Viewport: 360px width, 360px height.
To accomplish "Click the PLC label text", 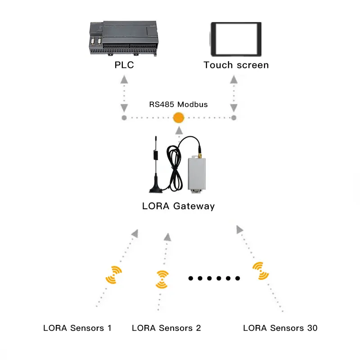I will (x=124, y=65).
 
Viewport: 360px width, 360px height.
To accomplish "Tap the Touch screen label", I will (x=236, y=65).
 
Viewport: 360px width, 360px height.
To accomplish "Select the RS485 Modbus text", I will (x=179, y=104).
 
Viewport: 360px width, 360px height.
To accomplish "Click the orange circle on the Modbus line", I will (x=179, y=118).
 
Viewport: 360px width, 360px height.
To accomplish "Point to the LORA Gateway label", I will (x=178, y=207).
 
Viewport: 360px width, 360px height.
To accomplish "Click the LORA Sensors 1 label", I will (x=77, y=328).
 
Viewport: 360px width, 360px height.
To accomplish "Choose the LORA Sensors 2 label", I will (x=166, y=328).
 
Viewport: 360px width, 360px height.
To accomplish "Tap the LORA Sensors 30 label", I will (x=280, y=328).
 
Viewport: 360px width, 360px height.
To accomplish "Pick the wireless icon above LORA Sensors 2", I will (x=162, y=279).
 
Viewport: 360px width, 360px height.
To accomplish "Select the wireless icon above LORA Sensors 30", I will (x=260, y=271).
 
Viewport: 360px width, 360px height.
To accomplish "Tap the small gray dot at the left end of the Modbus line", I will (x=124, y=118).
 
